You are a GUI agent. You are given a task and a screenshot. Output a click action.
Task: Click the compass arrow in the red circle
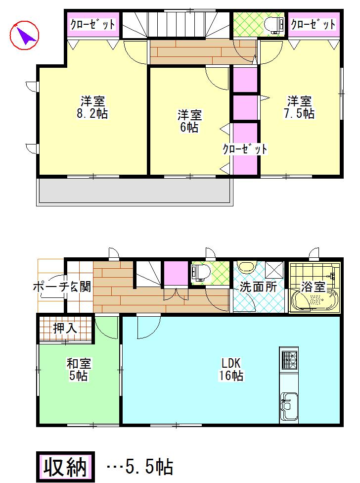(24, 35)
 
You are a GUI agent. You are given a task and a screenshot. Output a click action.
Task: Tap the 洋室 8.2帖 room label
(92, 107)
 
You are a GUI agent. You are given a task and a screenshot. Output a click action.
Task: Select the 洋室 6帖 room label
(189, 121)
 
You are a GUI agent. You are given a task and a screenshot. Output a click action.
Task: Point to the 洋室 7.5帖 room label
(300, 107)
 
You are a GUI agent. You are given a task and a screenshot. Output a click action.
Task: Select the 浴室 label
(314, 287)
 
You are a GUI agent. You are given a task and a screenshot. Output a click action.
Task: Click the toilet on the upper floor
(273, 24)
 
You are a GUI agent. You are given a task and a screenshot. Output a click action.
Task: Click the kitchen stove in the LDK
(289, 360)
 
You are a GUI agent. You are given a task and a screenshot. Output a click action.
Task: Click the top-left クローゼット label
(92, 24)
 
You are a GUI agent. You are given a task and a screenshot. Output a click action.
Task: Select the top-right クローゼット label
(313, 24)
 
